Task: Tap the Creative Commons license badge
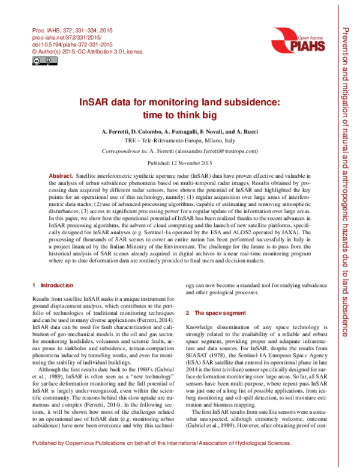coord(38,61)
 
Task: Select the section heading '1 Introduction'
coord(53,285)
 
